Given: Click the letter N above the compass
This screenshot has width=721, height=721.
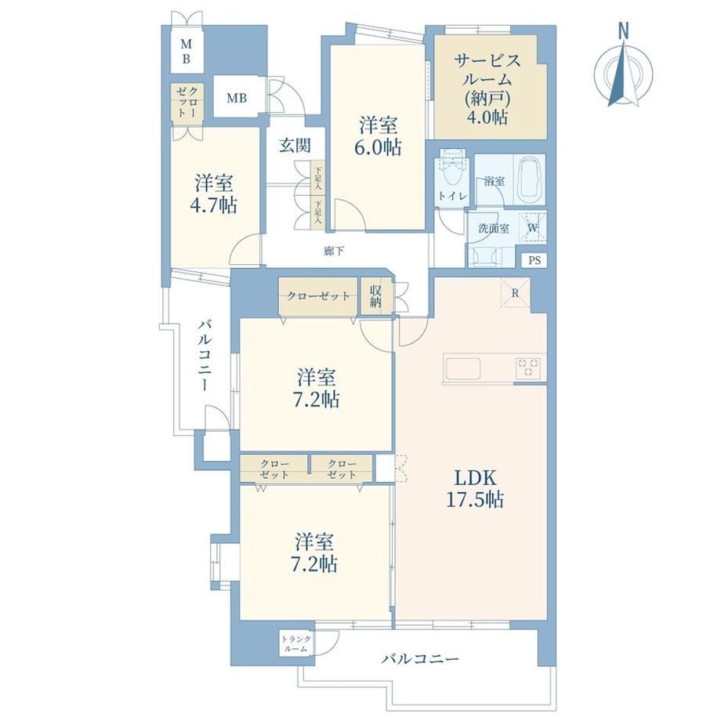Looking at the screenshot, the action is [x=623, y=31].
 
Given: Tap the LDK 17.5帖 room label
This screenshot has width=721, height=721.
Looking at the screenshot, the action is [x=475, y=489].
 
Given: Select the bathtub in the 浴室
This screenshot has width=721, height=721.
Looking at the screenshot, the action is [x=531, y=180].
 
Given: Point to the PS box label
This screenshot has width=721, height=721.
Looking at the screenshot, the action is [x=534, y=261].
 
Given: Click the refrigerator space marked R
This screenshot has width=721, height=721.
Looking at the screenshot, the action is [x=516, y=293].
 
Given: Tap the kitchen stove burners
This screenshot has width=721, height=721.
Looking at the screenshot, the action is [x=528, y=368].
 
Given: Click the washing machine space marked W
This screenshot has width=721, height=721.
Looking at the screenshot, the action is [x=532, y=227].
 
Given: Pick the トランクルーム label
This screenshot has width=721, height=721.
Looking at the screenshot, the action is [x=296, y=643].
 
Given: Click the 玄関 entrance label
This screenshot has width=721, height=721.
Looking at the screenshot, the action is [x=295, y=145].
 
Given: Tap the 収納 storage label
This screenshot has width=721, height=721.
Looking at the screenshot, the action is [x=375, y=295].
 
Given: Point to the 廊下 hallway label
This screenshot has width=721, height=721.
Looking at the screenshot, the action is [x=333, y=251].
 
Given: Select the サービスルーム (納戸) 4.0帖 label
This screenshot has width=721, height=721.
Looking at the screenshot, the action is [x=488, y=89].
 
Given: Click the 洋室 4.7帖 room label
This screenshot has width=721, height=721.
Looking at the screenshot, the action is [x=214, y=194].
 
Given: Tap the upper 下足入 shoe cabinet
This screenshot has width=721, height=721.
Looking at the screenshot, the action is [x=317, y=177].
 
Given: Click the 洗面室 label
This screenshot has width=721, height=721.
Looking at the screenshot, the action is [x=494, y=228].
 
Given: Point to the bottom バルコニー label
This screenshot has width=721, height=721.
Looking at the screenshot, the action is [x=420, y=659].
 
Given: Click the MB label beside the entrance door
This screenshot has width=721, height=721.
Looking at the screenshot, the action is [x=237, y=98].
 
